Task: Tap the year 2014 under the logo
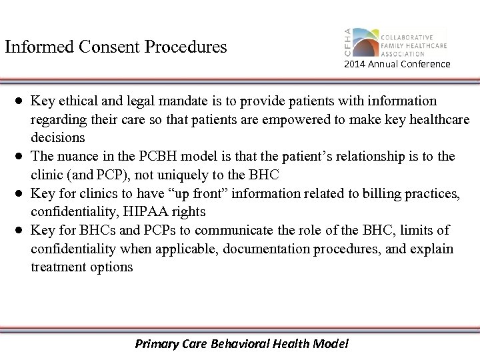click(x=355, y=65)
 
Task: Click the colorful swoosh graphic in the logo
click(x=365, y=41)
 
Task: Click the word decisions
click(x=58, y=138)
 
